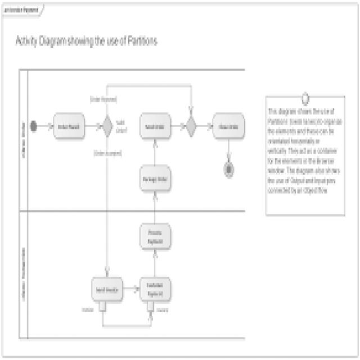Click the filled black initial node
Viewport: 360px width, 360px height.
34,126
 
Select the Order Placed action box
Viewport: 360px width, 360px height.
68,126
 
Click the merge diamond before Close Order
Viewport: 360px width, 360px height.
191,126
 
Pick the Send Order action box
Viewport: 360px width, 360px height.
154,126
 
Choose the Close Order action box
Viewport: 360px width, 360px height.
228,126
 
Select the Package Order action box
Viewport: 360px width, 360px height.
154,179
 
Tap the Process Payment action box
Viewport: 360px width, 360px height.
155,237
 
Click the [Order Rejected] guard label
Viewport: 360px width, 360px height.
103,98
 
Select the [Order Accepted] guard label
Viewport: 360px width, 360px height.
108,152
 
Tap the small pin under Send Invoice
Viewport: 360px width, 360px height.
102,307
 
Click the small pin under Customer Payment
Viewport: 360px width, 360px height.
150,307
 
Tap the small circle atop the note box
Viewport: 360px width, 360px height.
305,98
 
